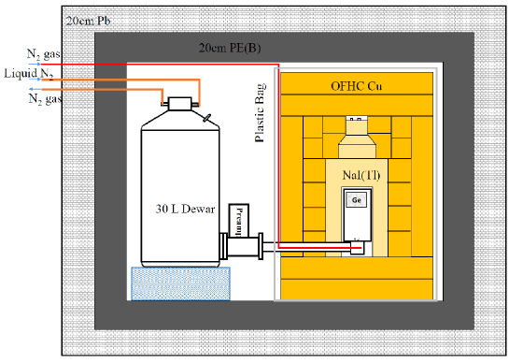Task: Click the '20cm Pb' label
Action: (88, 21)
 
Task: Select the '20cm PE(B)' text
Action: (230, 48)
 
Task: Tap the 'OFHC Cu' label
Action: (356, 86)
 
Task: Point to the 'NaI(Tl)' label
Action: (361, 175)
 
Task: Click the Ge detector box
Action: (357, 199)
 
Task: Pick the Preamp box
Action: (238, 221)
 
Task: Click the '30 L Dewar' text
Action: (185, 209)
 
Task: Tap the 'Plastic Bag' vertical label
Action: (260, 113)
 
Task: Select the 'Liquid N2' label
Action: (29, 74)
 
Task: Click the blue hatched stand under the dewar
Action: (180, 283)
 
